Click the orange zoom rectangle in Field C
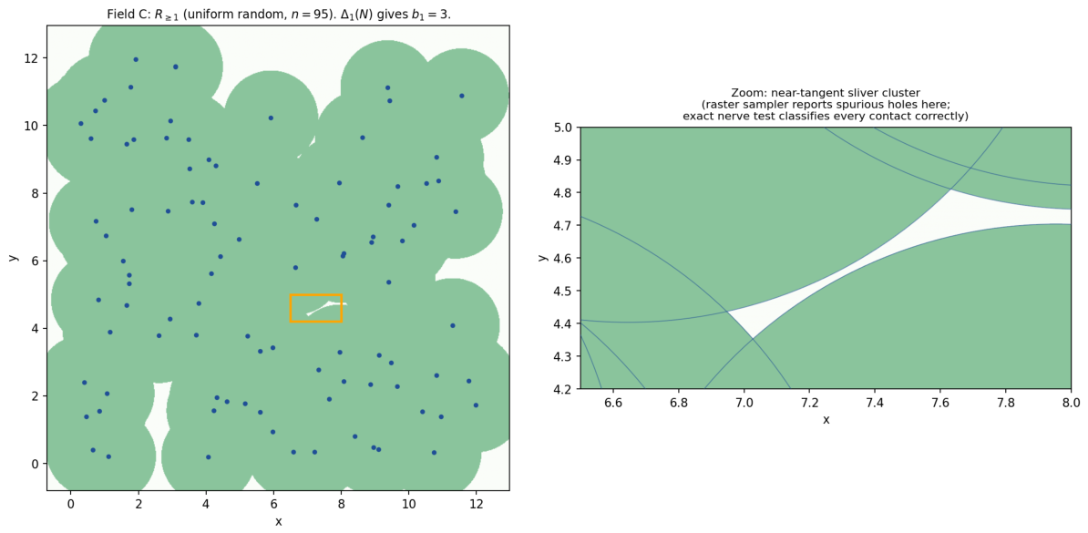315,295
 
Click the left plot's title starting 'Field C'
278,13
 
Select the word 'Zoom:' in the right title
746,93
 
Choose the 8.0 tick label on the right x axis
1071,402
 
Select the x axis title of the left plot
278,522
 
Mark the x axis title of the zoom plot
826,420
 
